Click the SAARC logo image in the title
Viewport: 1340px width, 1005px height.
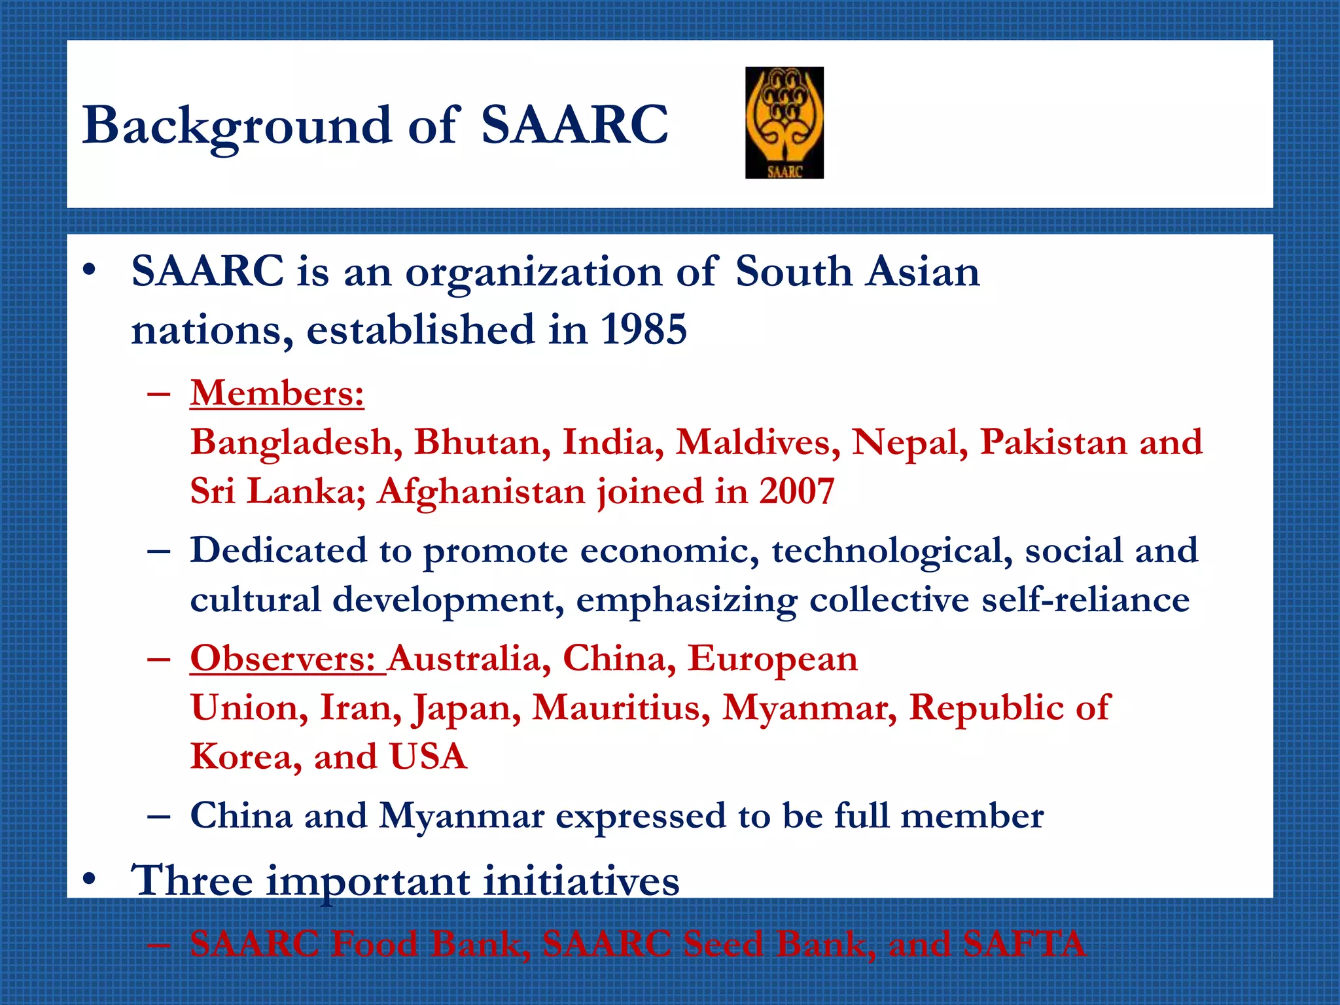click(784, 122)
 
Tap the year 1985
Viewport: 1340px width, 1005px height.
click(644, 329)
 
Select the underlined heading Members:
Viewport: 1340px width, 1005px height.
click(277, 394)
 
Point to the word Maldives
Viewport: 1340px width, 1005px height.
click(758, 443)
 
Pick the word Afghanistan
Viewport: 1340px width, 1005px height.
click(482, 492)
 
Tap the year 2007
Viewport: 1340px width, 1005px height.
click(796, 492)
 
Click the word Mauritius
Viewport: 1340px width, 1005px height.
click(621, 708)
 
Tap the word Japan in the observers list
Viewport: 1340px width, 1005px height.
click(467, 708)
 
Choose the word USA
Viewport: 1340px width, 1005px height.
click(428, 757)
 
